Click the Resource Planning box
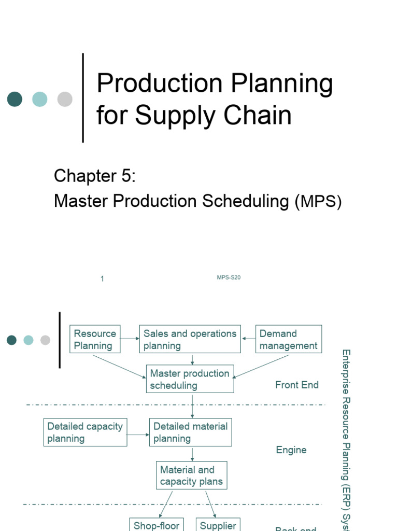pos(95,340)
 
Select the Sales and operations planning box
pos(190,340)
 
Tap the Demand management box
pos(289,340)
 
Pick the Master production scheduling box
pos(190,379)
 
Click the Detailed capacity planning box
pos(85,432)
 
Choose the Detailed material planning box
pos(191,432)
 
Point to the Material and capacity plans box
pos(192,476)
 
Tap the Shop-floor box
pos(157,524)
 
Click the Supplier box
pos(218,524)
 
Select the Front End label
pos(297,385)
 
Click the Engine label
pos(291,450)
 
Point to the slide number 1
pos(103,279)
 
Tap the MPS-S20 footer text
pos(229,277)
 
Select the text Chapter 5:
pos(95,176)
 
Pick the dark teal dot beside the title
pos(15,99)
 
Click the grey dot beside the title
pos(65,99)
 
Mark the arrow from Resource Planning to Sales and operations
pos(130,339)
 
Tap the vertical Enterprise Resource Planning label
pos(346,436)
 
